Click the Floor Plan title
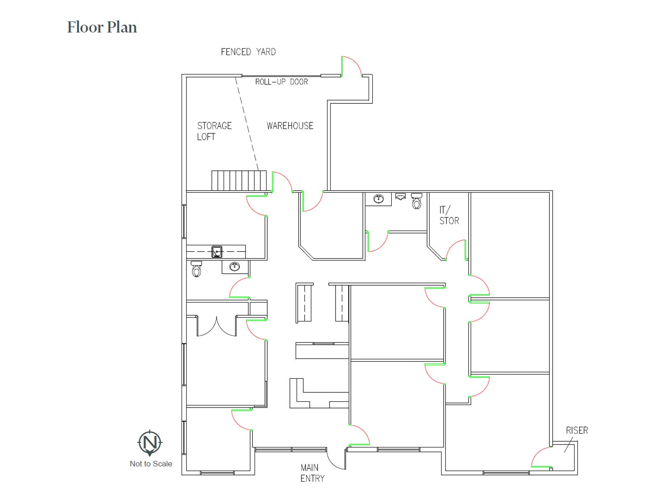click(102, 27)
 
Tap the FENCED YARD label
click(248, 52)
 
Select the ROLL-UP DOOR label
click(281, 82)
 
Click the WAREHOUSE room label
click(290, 126)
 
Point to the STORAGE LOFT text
click(214, 131)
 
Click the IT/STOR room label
click(449, 216)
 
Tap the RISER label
click(577, 430)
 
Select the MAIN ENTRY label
click(312, 473)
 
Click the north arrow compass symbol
click(150, 443)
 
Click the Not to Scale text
click(151, 464)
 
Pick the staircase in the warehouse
click(239, 180)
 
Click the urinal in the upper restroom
click(400, 197)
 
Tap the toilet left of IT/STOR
click(416, 201)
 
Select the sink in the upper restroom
click(379, 199)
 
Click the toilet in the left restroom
click(196, 269)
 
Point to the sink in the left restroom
click(234, 266)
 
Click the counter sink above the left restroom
click(217, 251)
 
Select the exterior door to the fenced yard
click(351, 66)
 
